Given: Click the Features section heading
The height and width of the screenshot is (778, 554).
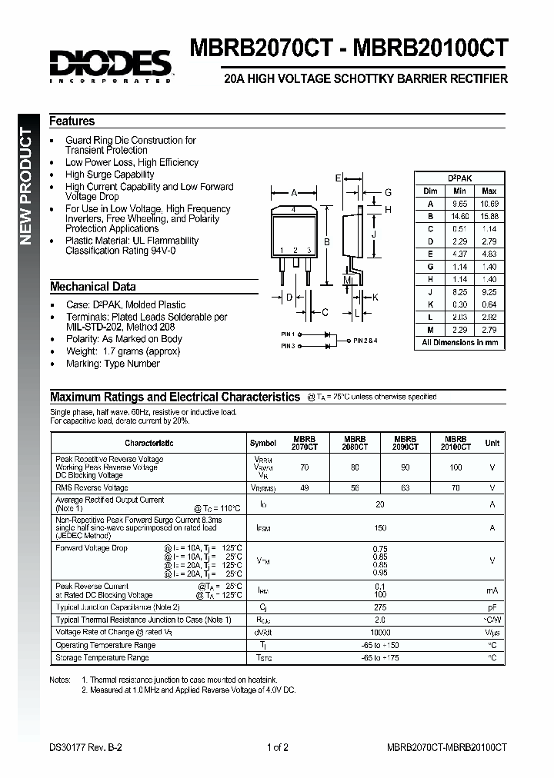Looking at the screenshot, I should [72, 121].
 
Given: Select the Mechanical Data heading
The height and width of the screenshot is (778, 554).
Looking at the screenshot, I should [93, 287].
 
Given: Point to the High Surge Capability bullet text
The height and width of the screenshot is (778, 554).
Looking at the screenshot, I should [109, 175].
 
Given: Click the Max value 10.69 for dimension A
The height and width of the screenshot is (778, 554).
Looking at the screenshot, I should [488, 204].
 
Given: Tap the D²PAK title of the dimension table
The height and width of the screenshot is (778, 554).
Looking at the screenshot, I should [460, 178].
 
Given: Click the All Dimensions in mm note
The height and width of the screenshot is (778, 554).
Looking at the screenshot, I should [460, 343].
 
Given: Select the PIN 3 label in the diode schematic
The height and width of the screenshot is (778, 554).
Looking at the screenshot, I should [288, 347].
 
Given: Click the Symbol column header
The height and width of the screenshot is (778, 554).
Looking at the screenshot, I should [263, 443].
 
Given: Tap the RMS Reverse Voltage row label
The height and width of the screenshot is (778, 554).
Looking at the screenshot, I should [92, 487].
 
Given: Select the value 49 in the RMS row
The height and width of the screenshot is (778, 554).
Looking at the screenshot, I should [304, 487].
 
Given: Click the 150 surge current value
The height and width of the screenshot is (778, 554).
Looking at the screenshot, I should [379, 528].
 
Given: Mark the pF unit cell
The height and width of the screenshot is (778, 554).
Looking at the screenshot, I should [492, 607].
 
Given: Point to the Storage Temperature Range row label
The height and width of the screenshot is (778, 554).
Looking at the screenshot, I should [102, 658].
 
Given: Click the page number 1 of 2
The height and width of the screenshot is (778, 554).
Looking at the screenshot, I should [277, 747].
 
